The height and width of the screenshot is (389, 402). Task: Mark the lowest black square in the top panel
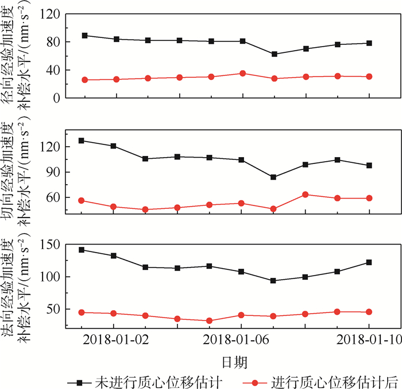[275, 54]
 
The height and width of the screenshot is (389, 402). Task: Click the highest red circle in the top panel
[243, 73]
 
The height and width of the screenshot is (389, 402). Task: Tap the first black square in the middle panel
[85, 140]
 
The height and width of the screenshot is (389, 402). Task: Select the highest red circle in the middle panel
[306, 194]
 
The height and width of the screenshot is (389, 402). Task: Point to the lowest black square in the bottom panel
[275, 281]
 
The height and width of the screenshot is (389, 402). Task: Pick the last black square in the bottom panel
[369, 262]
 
